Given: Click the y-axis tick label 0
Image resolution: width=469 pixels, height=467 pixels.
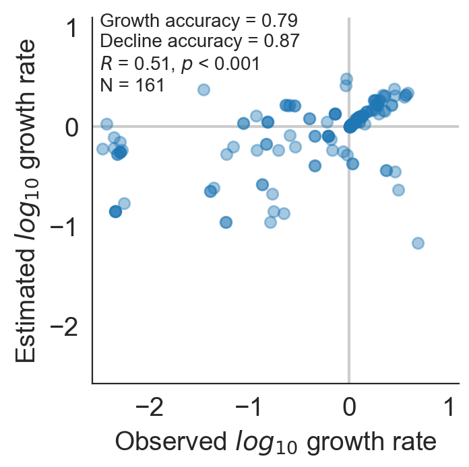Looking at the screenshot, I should (x=73, y=127).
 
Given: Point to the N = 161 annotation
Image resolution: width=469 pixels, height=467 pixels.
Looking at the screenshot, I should (x=132, y=85).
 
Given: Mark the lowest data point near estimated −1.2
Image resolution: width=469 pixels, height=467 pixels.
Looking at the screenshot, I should (x=418, y=242).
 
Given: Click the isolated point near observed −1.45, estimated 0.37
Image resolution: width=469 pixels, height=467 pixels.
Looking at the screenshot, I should (x=204, y=89).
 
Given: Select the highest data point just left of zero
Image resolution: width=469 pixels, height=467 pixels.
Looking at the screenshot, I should (x=346, y=79).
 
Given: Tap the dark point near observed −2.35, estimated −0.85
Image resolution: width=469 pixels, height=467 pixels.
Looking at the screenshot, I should (x=115, y=211).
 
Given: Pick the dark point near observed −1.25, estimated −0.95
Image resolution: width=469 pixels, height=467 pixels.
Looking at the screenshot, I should (x=226, y=222).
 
